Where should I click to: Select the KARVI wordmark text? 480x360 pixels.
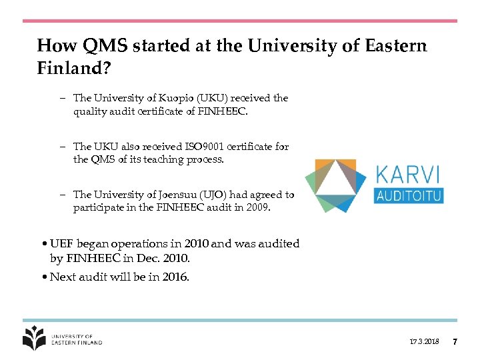click(408, 175)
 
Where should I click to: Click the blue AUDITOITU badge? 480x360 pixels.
click(409, 195)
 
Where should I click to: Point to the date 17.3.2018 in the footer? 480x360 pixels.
click(425, 342)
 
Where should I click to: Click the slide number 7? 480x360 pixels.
click(455, 342)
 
